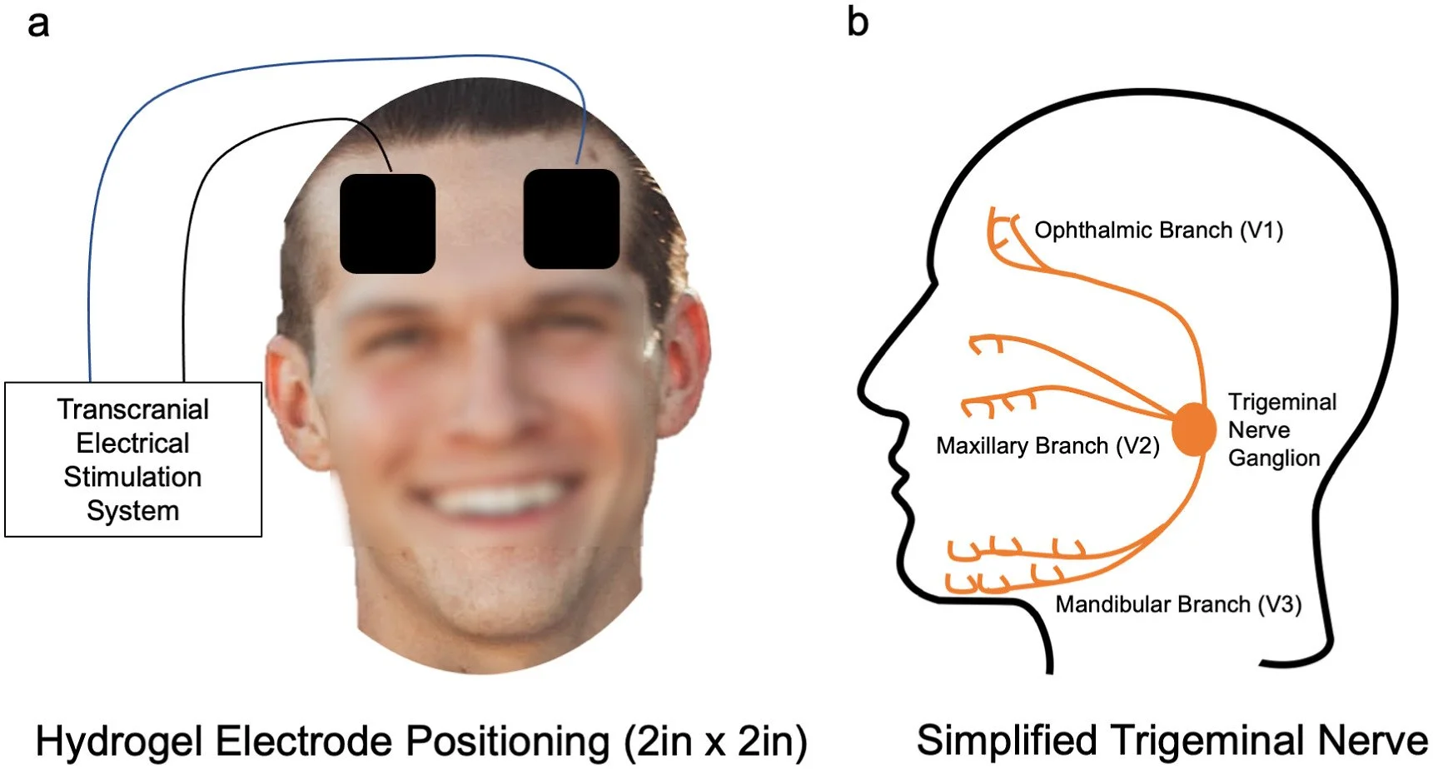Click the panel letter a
tap(38, 24)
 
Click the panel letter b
tap(858, 21)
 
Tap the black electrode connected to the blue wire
tap(571, 219)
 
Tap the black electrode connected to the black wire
tap(387, 223)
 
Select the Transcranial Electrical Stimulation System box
tap(133, 459)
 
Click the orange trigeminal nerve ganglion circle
tap(1193, 429)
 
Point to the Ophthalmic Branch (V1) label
tap(1158, 230)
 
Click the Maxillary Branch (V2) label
tap(1047, 445)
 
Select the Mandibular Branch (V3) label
tap(1178, 603)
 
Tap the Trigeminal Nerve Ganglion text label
tap(1282, 429)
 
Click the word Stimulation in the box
tap(132, 477)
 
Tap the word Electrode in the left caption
tap(313, 741)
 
